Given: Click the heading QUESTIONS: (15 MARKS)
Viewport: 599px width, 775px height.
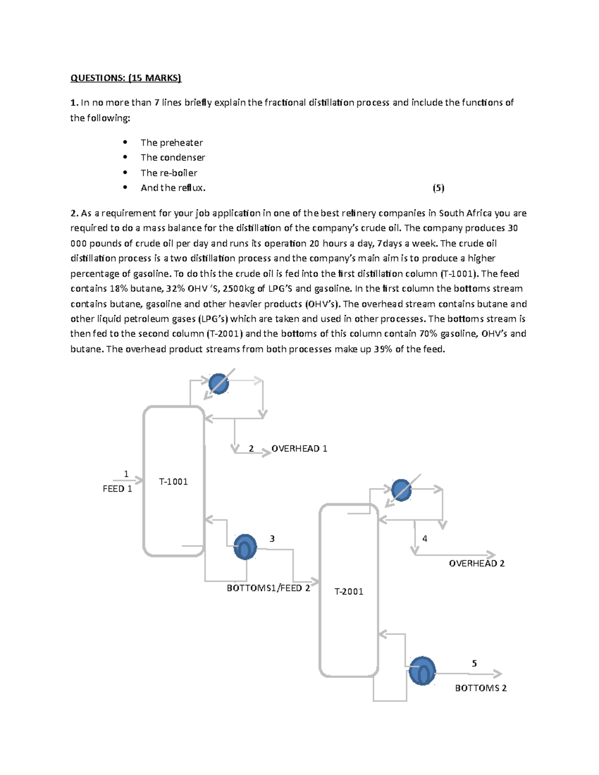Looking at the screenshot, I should [126, 78].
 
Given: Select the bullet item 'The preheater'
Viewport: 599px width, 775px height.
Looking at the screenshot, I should [171, 143].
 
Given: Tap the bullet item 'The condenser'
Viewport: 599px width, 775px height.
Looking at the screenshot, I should [173, 158].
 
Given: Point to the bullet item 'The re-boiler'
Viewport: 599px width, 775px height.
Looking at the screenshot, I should [169, 173].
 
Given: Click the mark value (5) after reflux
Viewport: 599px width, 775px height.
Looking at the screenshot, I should [438, 188].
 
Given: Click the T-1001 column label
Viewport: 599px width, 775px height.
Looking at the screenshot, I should [173, 482].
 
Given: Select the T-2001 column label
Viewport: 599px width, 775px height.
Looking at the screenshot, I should [348, 591].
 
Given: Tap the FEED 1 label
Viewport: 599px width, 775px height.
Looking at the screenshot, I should [117, 489].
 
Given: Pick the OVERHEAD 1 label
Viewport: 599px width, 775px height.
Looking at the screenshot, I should [299, 449].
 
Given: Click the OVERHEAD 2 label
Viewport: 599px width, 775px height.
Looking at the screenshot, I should [476, 563].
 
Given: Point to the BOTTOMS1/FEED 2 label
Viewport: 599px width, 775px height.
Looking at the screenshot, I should [268, 588].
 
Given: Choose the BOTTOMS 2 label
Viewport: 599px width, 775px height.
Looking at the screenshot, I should [480, 688].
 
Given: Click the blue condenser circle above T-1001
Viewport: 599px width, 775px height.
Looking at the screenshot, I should [219, 384].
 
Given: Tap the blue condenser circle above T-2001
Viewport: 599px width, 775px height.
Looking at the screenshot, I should [401, 490].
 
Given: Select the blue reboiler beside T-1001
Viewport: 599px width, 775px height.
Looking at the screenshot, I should [245, 547].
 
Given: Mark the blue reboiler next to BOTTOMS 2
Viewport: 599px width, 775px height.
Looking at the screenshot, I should [422, 671].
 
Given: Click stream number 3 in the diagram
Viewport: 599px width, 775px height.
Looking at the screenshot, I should [272, 539].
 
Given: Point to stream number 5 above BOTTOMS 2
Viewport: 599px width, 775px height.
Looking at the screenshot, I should [474, 664].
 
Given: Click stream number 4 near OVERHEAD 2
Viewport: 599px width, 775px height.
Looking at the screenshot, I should [425, 539].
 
